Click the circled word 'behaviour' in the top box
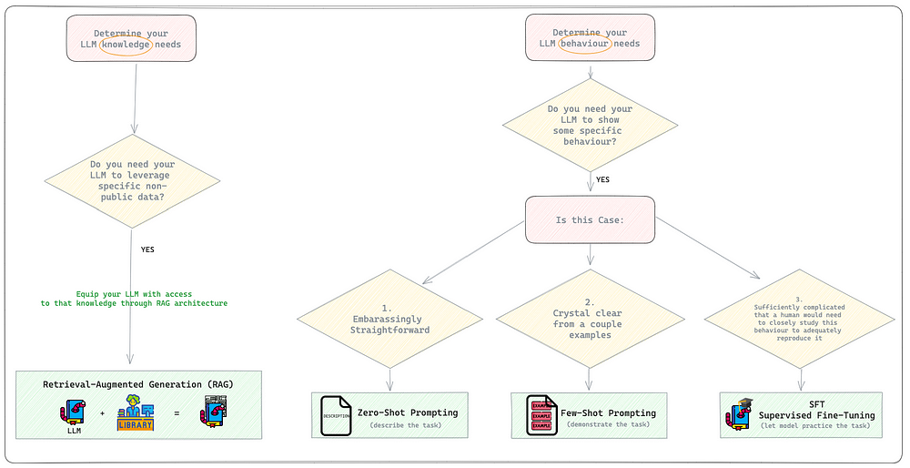click(586, 43)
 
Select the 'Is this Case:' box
click(590, 219)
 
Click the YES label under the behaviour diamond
click(602, 179)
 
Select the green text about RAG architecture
click(134, 297)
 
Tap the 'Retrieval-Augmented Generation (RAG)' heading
click(137, 384)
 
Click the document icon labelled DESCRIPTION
click(336, 415)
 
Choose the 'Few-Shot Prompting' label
click(608, 412)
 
